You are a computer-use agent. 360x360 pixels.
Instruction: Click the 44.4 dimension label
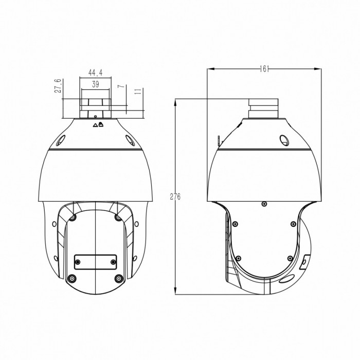click(x=95, y=73)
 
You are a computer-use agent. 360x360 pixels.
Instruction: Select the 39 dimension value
click(x=96, y=84)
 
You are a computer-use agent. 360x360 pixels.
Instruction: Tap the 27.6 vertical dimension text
click(x=58, y=86)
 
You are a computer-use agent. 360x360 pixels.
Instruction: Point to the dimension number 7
click(x=121, y=86)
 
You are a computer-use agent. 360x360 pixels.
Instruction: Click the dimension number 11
click(x=138, y=92)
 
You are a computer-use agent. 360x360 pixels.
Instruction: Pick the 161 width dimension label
click(x=264, y=68)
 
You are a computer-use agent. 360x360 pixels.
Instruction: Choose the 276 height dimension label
click(x=175, y=197)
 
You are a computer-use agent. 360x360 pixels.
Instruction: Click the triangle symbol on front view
click(x=95, y=125)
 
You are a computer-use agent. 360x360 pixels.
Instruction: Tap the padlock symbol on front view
click(x=101, y=124)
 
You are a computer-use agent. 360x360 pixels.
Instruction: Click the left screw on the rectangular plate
click(x=78, y=262)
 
